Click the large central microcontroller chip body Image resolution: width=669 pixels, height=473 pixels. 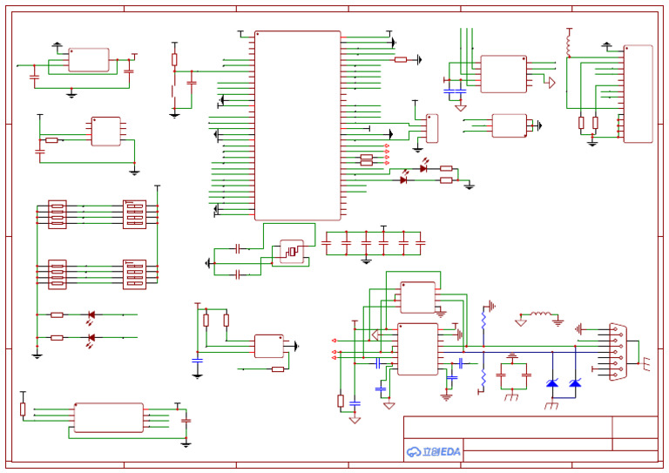pyautogui.click(x=297, y=125)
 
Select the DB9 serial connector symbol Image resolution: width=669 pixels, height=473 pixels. pyautogui.click(x=618, y=351)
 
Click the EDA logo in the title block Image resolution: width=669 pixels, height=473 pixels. pyautogui.click(x=433, y=451)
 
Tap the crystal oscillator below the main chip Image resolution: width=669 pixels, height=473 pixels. pyautogui.click(x=291, y=251)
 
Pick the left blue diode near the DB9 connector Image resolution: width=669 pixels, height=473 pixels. pyautogui.click(x=552, y=383)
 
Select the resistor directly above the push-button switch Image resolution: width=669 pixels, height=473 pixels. pyautogui.click(x=174, y=60)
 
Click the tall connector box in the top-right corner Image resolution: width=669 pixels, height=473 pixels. pyautogui.click(x=638, y=94)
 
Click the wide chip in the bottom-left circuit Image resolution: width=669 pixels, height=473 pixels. pyautogui.click(x=109, y=417)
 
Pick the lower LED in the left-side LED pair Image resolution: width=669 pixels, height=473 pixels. pyautogui.click(x=90, y=337)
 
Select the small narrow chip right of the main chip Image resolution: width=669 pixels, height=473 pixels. pyautogui.click(x=431, y=128)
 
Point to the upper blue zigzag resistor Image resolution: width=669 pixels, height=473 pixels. pyautogui.click(x=483, y=319)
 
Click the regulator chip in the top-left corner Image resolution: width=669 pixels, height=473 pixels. pyautogui.click(x=89, y=60)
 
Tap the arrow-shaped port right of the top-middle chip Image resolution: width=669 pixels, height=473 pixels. pyautogui.click(x=550, y=82)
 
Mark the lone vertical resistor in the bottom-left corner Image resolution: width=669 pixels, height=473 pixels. pyautogui.click(x=23, y=409)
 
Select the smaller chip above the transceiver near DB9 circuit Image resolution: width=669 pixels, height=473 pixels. pyautogui.click(x=417, y=297)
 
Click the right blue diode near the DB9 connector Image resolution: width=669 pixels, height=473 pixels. pyautogui.click(x=575, y=383)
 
